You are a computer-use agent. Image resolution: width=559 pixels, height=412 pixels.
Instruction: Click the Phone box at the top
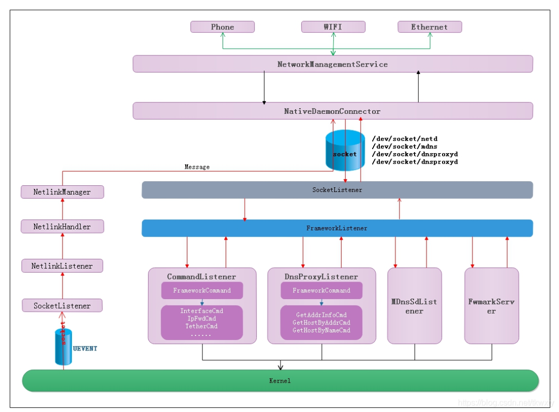point(223,27)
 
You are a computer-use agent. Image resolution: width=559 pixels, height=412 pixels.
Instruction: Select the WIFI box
point(333,27)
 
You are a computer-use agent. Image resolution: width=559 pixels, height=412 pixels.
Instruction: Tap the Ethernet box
point(429,27)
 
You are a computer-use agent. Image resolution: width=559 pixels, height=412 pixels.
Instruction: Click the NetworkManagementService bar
point(332,64)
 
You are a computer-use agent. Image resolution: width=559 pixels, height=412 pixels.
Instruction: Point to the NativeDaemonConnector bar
point(332,111)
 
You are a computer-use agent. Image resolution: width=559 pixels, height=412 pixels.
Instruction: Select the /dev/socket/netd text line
point(404,139)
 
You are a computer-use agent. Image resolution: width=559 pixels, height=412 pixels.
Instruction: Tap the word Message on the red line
point(197,167)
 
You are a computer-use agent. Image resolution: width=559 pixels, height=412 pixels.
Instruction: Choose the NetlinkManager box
point(62,192)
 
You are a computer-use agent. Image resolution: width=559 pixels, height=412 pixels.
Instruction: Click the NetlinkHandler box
point(62,226)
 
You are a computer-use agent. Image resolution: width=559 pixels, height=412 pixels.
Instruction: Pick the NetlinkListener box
point(62,266)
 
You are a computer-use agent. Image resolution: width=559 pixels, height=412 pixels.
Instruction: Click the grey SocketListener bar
point(337,190)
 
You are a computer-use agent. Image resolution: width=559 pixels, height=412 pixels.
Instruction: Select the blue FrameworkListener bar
point(337,228)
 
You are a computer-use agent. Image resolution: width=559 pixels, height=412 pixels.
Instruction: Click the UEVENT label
point(85,348)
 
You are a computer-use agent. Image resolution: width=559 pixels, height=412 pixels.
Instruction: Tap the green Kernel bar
point(280,380)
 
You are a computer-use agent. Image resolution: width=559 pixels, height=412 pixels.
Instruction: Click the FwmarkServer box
point(491,306)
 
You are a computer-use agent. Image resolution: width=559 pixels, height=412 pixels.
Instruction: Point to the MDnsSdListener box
point(414,306)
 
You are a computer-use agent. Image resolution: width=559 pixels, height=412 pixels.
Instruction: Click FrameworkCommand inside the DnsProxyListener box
point(321,290)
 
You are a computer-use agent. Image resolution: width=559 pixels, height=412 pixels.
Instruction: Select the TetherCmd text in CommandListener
point(201,326)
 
